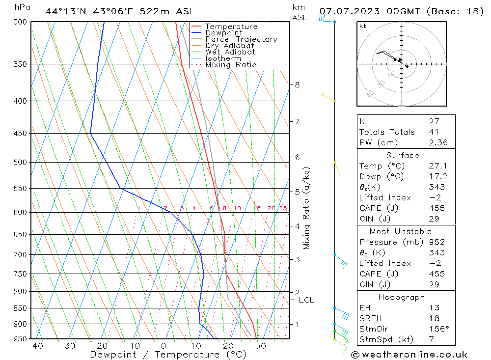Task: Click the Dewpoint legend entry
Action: coord(224,33)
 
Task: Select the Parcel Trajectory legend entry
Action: coord(241,39)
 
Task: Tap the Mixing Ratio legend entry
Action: coord(231,65)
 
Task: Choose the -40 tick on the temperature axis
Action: coord(34,346)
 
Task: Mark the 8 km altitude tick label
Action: coord(297,84)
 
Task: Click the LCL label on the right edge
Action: coord(306,300)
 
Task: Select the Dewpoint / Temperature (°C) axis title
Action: coord(168,354)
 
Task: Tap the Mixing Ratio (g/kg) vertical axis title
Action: coord(307,208)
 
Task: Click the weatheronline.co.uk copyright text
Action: coord(409,355)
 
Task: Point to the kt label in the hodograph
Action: coord(363,26)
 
